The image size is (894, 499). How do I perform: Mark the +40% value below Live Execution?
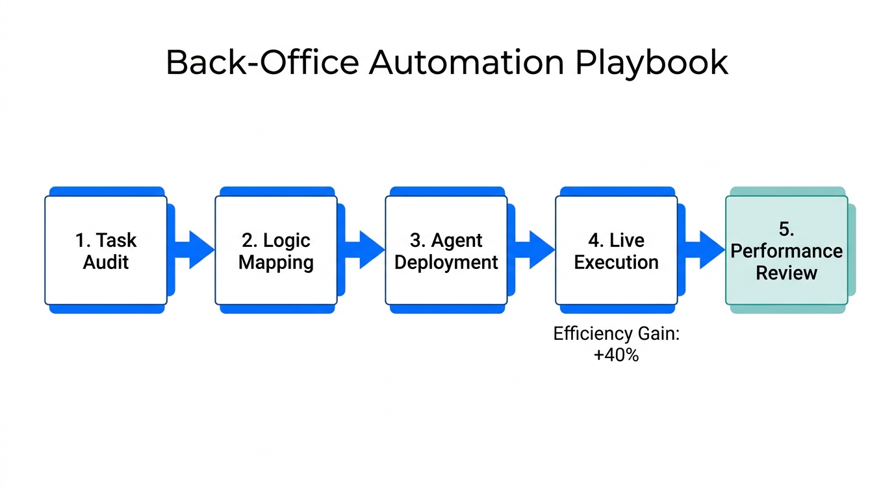[616, 355]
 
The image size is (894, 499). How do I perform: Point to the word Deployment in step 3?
[446, 262]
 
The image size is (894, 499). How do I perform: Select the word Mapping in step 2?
[275, 262]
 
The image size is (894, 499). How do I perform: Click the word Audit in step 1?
[105, 262]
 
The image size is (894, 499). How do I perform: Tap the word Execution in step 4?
[616, 262]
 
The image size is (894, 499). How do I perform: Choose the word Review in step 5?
[786, 272]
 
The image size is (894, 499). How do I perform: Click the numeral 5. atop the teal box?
[786, 229]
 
